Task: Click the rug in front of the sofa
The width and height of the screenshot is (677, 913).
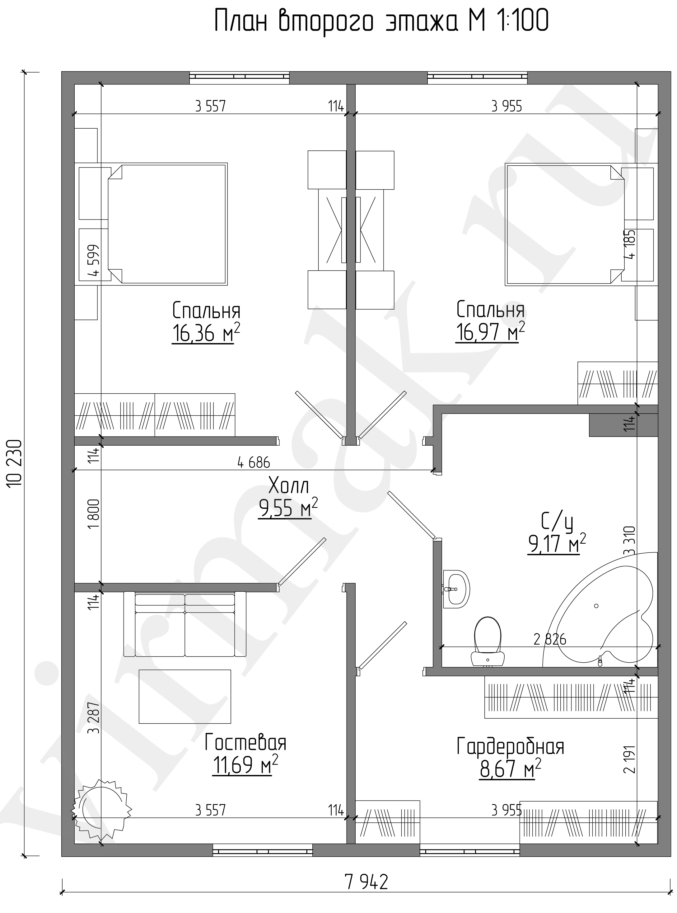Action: click(185, 697)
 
